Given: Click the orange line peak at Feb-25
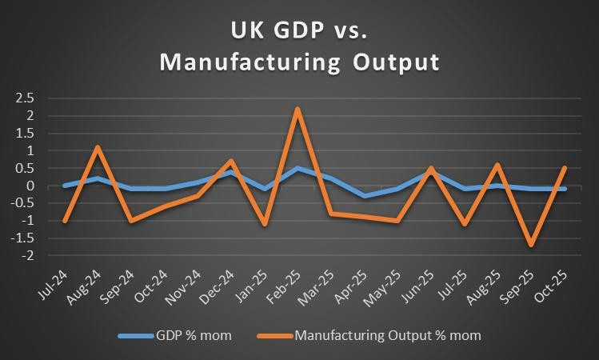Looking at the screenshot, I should (298, 109).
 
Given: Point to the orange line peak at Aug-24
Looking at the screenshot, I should (96, 147).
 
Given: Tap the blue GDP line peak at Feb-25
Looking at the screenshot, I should (298, 168).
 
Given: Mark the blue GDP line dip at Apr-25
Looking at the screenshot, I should (365, 195).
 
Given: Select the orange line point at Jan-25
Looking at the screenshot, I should (264, 224).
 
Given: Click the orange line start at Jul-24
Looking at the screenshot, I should (64, 221).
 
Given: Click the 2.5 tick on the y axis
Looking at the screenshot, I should (26, 98).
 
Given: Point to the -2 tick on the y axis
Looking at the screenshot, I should (29, 256).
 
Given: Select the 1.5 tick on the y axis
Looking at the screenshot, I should (26, 133).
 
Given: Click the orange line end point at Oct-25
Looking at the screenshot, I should (565, 168).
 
